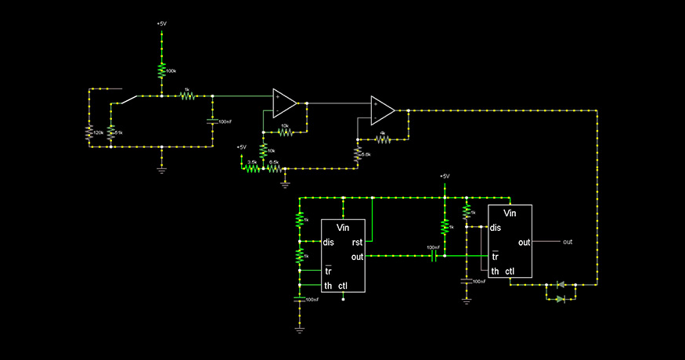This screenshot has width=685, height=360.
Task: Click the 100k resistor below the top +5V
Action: click(161, 70)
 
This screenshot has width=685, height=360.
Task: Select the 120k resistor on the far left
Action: click(89, 133)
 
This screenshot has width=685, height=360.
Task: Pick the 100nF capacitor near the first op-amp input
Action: click(212, 121)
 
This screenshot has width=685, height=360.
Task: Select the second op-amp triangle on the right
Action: click(383, 110)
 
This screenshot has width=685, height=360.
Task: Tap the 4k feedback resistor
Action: click(383, 139)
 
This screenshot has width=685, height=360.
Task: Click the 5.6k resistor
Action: click(357, 155)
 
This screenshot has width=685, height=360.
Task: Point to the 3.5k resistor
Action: click(251, 167)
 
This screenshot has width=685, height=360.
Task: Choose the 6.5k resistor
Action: click(273, 167)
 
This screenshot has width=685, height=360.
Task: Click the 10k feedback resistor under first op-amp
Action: click(285, 131)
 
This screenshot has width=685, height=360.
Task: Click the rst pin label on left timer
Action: click(356, 242)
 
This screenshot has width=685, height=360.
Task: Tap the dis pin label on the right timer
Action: click(496, 228)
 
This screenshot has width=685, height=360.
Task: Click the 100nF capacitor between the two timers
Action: click(433, 255)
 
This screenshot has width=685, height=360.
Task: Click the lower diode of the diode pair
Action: click(560, 299)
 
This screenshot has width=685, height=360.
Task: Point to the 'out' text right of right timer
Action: click(568, 242)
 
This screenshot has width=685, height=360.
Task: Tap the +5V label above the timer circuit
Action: click(444, 176)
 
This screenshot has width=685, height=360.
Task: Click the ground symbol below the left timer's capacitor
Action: click(299, 330)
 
